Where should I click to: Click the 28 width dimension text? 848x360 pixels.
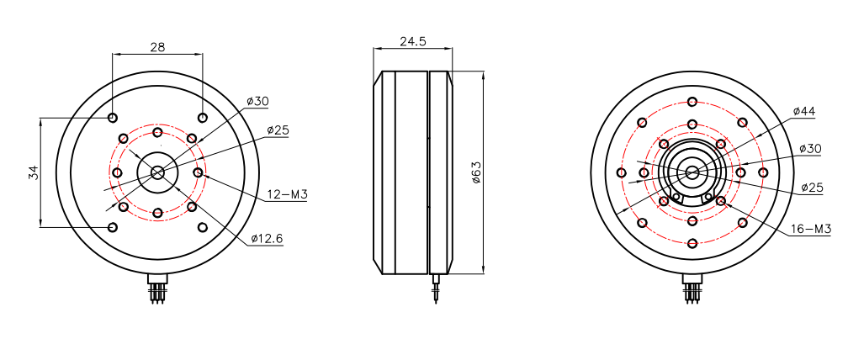157,47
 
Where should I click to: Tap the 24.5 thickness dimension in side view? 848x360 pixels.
413,40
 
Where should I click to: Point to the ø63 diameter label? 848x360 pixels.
475,173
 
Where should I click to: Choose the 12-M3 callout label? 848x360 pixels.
287,194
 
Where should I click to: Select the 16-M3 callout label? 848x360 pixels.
810,229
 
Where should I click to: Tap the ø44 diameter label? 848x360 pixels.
805,111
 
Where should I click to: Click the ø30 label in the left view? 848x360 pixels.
257,102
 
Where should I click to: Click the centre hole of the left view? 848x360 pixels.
157,172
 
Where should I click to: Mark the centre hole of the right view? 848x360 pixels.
692,172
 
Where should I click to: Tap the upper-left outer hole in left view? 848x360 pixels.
113,118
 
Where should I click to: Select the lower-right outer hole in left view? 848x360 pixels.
202,227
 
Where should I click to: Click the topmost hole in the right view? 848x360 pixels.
692,102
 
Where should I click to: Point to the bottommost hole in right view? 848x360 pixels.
692,244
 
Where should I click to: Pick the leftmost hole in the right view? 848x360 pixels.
621,173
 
